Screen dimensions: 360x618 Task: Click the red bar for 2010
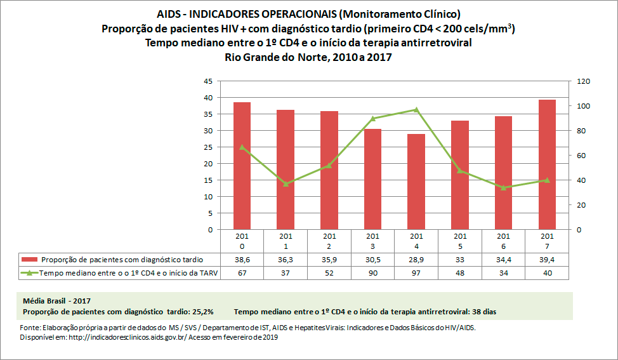pyautogui.click(x=242, y=166)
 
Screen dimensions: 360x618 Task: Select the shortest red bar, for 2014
pyautogui.click(x=416, y=182)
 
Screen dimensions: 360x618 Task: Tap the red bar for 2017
pyautogui.click(x=547, y=164)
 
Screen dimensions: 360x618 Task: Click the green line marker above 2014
pyautogui.click(x=416, y=109)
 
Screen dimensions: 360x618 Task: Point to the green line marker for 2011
pyautogui.click(x=286, y=183)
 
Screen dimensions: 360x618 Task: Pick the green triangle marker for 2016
pyautogui.click(x=503, y=187)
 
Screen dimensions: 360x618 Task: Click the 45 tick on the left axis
pyautogui.click(x=208, y=81)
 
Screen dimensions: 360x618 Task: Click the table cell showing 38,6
pyautogui.click(x=242, y=260)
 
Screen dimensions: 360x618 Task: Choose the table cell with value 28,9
pyautogui.click(x=416, y=260)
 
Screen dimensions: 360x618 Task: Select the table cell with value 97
pyautogui.click(x=416, y=273)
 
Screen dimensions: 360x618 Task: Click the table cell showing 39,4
pyautogui.click(x=547, y=260)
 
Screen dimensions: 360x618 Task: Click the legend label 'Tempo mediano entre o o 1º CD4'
pyautogui.click(x=121, y=273)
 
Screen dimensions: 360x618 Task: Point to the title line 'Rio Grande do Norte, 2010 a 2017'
pyautogui.click(x=308, y=57)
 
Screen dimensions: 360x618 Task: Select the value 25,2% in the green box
pyautogui.click(x=200, y=312)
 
